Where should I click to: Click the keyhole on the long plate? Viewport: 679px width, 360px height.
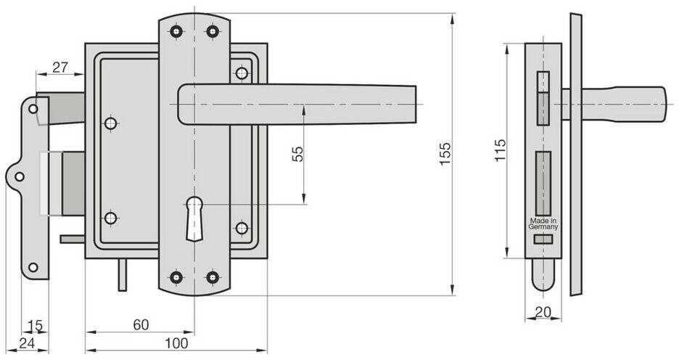click(x=194, y=218)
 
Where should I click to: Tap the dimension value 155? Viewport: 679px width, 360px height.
click(x=445, y=154)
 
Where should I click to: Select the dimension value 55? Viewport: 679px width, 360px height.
click(x=297, y=154)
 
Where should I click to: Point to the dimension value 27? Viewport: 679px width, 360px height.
click(x=60, y=67)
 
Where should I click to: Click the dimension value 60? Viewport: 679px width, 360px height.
click(x=141, y=324)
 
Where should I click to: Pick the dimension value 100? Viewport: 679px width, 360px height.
click(x=177, y=343)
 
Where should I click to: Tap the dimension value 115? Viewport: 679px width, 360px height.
click(x=500, y=150)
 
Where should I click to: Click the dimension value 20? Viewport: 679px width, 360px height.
click(x=543, y=312)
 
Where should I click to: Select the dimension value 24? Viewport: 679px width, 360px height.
click(x=27, y=343)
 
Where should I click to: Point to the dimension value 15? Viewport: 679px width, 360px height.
click(x=35, y=325)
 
